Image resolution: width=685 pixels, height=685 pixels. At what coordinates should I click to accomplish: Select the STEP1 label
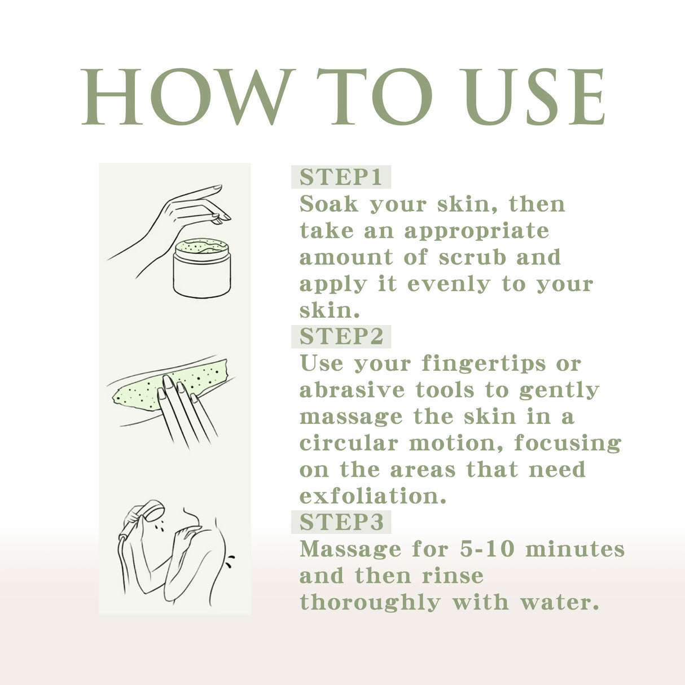pyautogui.click(x=341, y=177)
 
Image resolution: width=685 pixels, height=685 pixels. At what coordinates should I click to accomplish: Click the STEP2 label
pyautogui.click(x=341, y=336)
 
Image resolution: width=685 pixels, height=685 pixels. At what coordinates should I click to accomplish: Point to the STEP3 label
pyautogui.click(x=341, y=522)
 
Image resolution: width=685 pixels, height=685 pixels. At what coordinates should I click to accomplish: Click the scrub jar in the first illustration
pyautogui.click(x=202, y=269)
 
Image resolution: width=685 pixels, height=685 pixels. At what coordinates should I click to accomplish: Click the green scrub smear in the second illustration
pyautogui.click(x=169, y=384)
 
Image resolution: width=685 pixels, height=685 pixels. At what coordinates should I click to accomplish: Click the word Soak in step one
pyautogui.click(x=328, y=204)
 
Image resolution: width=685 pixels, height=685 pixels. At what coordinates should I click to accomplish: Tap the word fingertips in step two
pyautogui.click(x=484, y=364)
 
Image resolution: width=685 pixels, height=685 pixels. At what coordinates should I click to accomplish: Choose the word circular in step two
pyautogui.click(x=349, y=444)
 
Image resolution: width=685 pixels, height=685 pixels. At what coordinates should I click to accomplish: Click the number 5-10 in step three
pyautogui.click(x=487, y=550)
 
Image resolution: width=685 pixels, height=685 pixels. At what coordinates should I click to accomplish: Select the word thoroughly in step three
pyautogui.click(x=370, y=603)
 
